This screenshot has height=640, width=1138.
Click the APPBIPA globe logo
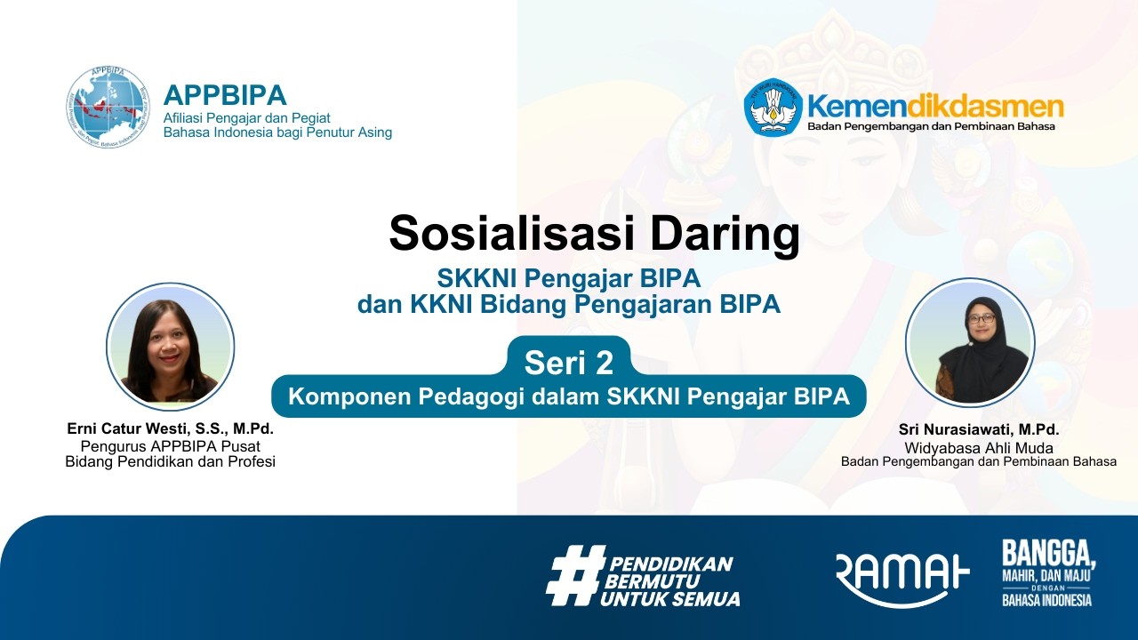tap(108, 106)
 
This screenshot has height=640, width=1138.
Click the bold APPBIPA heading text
tap(225, 94)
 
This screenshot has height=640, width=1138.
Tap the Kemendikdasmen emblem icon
tap(773, 108)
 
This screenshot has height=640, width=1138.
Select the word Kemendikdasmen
tap(934, 107)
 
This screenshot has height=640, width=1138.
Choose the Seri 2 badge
tap(569, 362)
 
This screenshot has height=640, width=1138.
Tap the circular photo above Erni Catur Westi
tap(170, 347)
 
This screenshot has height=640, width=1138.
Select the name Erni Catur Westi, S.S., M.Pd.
tap(170, 428)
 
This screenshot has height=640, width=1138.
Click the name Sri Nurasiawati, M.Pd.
tap(979, 430)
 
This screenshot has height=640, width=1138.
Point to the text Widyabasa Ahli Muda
tap(979, 448)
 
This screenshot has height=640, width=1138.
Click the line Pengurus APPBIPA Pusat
tap(170, 446)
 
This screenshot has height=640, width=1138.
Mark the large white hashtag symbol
tap(573, 575)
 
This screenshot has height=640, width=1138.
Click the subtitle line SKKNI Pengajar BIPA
tap(569, 279)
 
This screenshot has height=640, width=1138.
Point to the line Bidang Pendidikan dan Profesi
tap(170, 461)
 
